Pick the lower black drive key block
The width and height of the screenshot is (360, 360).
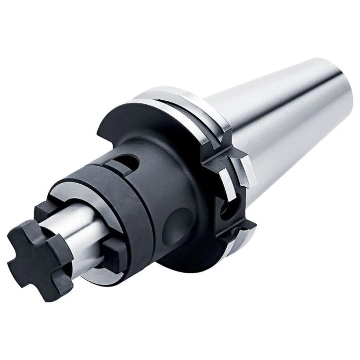[x=114, y=252]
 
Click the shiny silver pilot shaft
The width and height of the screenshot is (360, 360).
[x=77, y=226]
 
